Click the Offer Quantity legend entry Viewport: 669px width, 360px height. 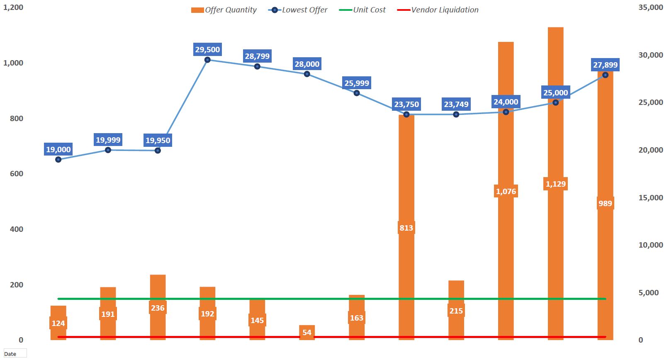pyautogui.click(x=224, y=10)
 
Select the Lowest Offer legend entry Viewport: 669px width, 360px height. pyautogui.click(x=298, y=10)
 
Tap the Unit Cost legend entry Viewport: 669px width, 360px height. pyautogui.click(x=362, y=10)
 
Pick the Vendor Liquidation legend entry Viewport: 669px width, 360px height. pyautogui.click(x=438, y=10)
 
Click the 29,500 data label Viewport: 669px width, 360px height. pyautogui.click(x=207, y=50)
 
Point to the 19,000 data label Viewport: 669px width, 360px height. pyautogui.click(x=58, y=150)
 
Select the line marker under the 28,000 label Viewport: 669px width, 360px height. pyautogui.click(x=307, y=74)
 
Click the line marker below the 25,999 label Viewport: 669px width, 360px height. pyautogui.click(x=357, y=93)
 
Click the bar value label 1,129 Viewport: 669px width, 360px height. pyautogui.click(x=555, y=184)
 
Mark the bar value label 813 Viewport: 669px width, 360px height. pyautogui.click(x=406, y=228)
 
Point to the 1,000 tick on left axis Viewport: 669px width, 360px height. pyautogui.click(x=13, y=63)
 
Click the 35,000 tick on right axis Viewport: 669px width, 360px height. pyautogui.click(x=650, y=7)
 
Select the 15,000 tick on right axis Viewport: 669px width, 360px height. pyautogui.click(x=650, y=198)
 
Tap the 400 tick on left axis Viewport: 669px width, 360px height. pyautogui.click(x=17, y=229)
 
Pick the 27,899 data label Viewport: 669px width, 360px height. pyautogui.click(x=605, y=65)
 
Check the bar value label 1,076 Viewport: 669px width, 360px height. pyautogui.click(x=506, y=192)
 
